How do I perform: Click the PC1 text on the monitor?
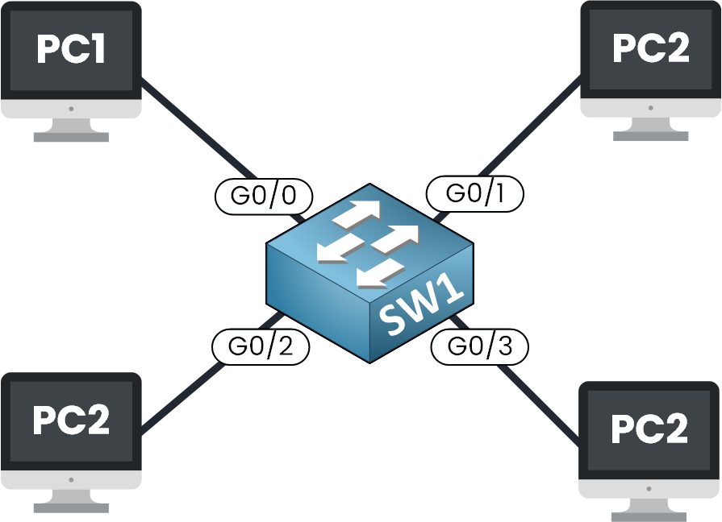[x=71, y=50]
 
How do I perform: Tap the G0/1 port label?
[x=474, y=194]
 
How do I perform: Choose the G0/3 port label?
[x=479, y=347]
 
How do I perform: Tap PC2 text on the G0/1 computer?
[x=651, y=50]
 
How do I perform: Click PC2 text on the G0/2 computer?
[x=71, y=421]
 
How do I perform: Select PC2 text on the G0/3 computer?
[x=649, y=429]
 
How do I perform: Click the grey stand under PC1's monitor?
[x=71, y=130]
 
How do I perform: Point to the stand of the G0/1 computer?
[x=651, y=130]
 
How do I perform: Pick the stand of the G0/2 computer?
[x=71, y=501]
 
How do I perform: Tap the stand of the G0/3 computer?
[x=649, y=509]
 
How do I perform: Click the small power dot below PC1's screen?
[x=71, y=108]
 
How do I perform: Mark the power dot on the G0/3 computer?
[x=649, y=487]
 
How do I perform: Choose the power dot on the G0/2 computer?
[x=71, y=478]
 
